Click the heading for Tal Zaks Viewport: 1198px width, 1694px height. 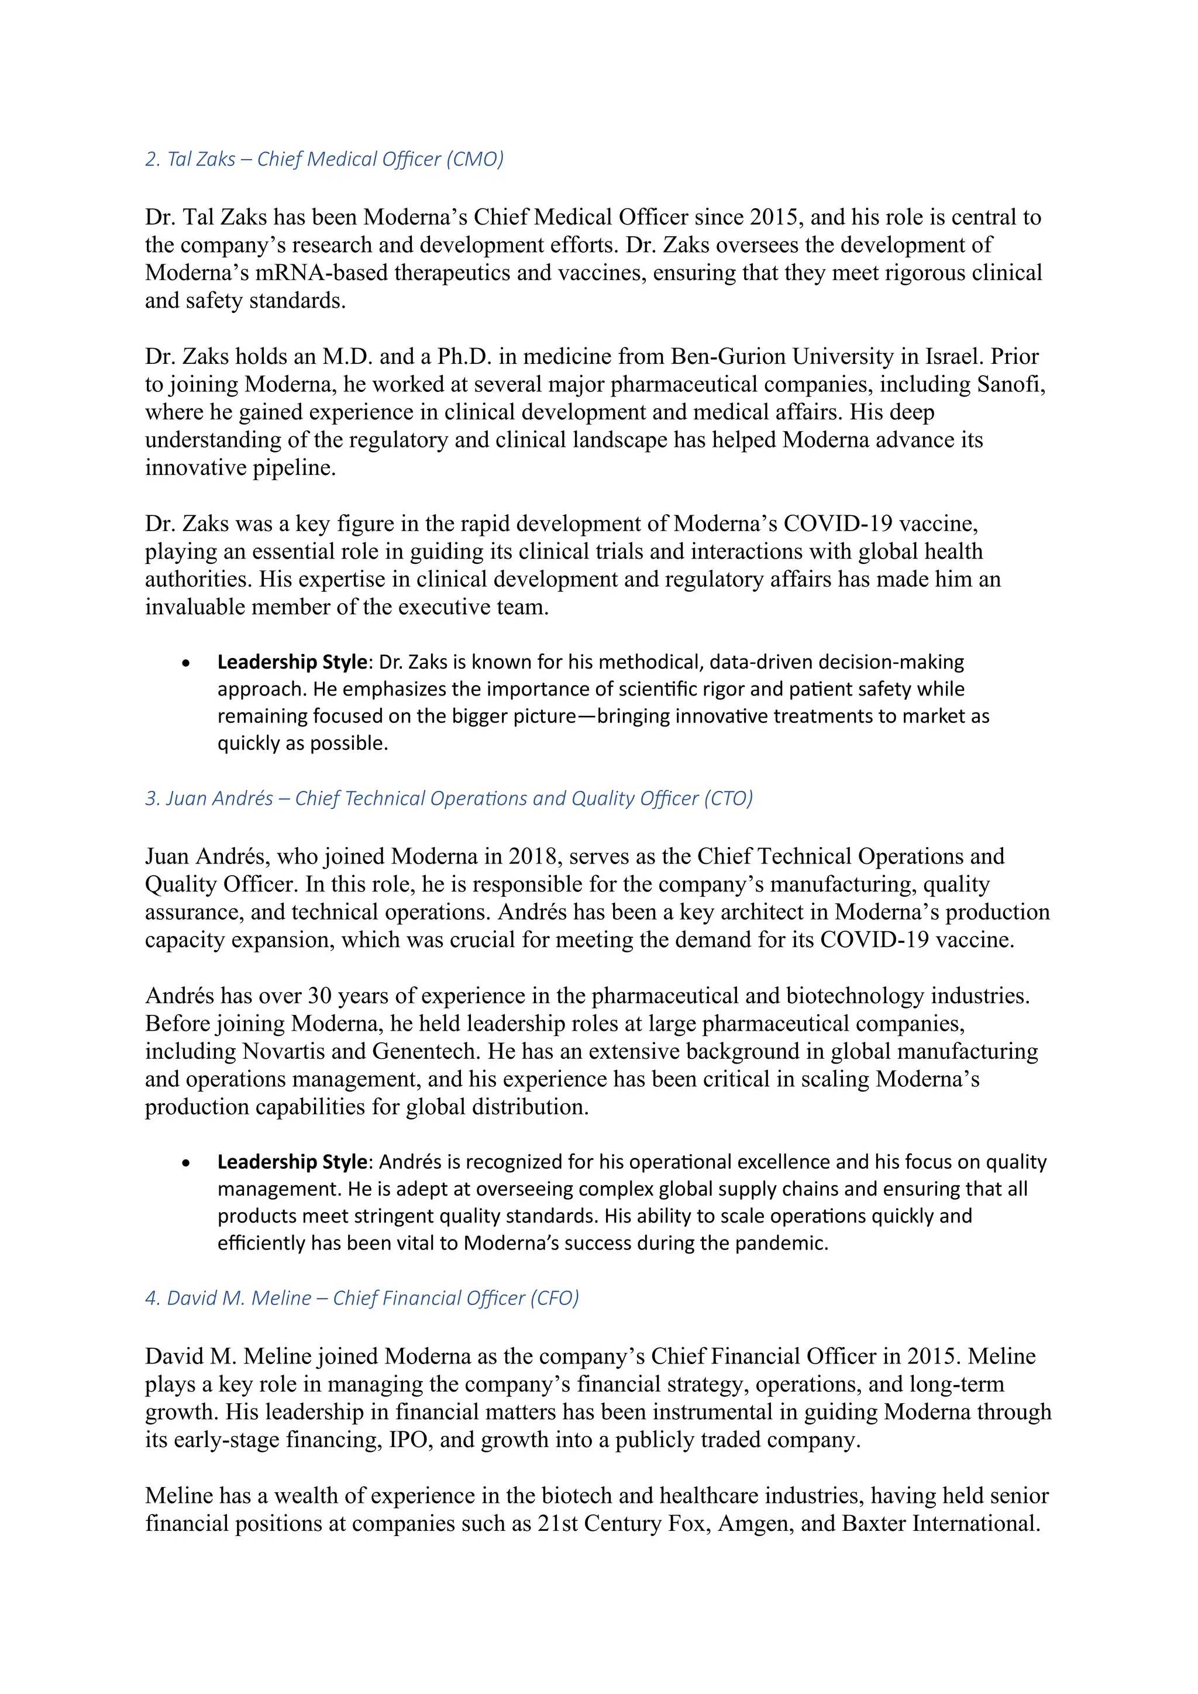[x=324, y=159]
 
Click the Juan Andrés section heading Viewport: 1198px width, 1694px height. [x=449, y=798]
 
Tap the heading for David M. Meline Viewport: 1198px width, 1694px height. [x=362, y=1298]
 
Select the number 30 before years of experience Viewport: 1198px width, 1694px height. [x=319, y=996]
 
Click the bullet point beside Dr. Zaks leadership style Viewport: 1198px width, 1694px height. [x=186, y=663]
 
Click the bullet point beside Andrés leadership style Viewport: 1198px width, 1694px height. [x=186, y=1163]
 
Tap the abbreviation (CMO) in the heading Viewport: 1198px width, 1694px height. [x=475, y=159]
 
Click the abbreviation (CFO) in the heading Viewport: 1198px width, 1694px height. [x=554, y=1298]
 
